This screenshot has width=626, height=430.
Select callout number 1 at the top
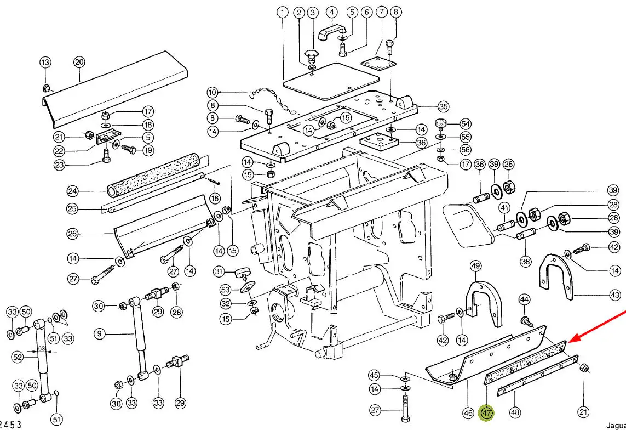click(x=282, y=12)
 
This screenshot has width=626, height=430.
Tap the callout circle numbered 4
click(x=331, y=12)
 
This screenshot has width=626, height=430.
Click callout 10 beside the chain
click(x=213, y=92)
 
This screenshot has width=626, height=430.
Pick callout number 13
click(x=45, y=62)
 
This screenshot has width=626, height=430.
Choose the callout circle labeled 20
click(x=79, y=62)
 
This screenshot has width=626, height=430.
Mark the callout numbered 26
click(x=73, y=234)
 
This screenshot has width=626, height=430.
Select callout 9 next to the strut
click(x=99, y=333)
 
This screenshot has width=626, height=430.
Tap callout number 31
click(x=219, y=271)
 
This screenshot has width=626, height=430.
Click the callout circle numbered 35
click(x=443, y=106)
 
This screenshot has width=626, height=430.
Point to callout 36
click(x=421, y=143)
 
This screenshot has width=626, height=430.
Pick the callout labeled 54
click(x=466, y=124)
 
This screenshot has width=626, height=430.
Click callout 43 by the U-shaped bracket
click(x=614, y=295)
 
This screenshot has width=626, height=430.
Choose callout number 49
click(x=476, y=267)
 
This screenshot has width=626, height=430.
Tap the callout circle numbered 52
click(x=18, y=358)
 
